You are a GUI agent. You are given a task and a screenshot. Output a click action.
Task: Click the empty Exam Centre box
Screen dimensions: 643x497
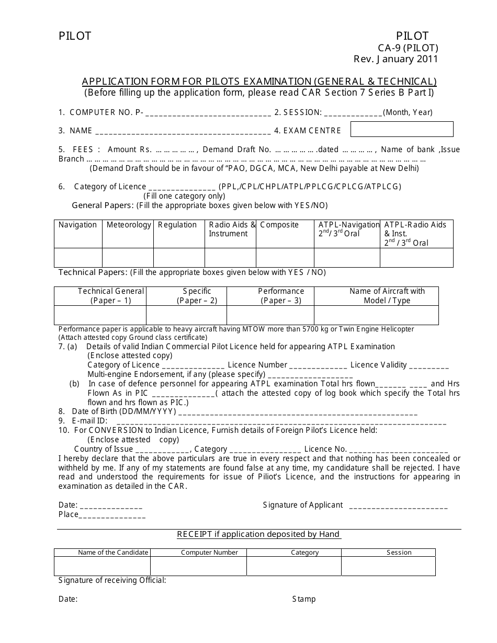401,129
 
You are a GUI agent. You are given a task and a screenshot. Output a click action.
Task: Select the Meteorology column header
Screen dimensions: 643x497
129,225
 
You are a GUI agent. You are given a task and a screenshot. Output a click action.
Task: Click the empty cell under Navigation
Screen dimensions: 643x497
78,258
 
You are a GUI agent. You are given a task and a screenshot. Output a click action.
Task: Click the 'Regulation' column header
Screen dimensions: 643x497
177,225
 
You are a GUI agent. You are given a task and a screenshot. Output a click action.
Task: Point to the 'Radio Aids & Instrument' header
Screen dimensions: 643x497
232,229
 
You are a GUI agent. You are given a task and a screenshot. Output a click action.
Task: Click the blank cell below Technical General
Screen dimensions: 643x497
100,315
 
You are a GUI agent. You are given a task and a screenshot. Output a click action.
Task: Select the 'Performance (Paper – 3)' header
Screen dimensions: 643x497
281,296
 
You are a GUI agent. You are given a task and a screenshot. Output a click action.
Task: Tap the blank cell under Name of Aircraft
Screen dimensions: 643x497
376,315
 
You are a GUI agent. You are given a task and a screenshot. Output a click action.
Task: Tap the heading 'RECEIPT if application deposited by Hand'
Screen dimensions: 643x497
258,534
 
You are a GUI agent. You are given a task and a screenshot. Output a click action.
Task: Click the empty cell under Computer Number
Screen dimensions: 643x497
198,566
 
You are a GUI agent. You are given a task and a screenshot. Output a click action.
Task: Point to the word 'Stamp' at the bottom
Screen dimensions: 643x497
304,599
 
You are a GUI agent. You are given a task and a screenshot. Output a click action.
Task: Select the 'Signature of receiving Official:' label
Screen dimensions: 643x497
112,580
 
